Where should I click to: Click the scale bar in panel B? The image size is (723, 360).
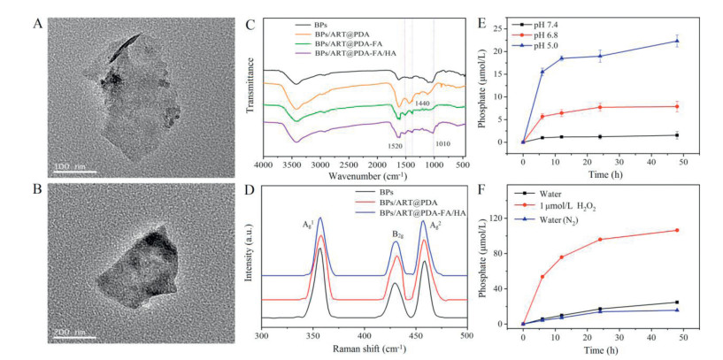[x=74, y=337]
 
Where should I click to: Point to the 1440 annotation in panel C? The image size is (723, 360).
[x=426, y=104]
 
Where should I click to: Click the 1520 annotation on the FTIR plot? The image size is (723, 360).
[x=395, y=145]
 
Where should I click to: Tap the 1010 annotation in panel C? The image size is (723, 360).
[x=446, y=145]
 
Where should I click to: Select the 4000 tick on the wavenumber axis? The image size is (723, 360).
[x=263, y=165]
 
